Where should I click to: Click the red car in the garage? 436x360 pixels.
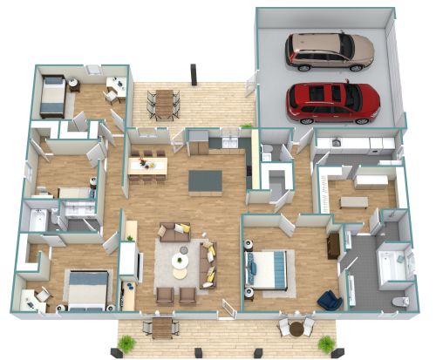coord(333,100)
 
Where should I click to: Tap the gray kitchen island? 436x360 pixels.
coord(205,180)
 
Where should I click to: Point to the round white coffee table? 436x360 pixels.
coord(181,260)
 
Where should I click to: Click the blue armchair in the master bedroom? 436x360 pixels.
coord(330,300)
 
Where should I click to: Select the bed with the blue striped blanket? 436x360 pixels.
coord(269,268)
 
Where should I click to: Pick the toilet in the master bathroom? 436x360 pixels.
coord(400,301)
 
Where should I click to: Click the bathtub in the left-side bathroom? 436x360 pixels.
coord(37,221)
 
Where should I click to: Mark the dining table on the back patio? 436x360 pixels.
coord(164,102)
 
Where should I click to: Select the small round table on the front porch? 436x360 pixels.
coord(296,329)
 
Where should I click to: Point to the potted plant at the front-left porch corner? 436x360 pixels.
coord(126,343)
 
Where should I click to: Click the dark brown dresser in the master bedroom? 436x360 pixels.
coord(333,246)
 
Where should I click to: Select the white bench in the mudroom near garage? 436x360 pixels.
coord(353,201)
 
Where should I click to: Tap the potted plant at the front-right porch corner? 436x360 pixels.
coord(326,343)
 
